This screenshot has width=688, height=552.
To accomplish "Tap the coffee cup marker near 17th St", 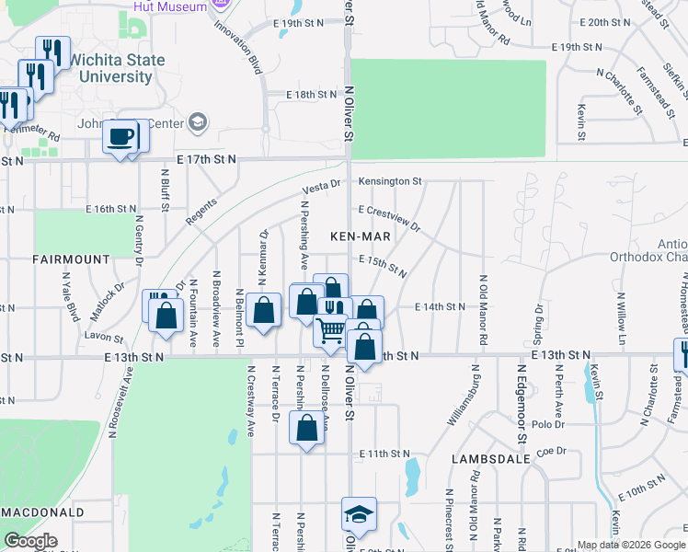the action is pyautogui.click(x=120, y=138).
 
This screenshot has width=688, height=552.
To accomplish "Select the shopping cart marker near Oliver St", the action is pyautogui.click(x=331, y=330).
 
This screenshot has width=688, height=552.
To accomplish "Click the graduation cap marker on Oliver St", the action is pyautogui.click(x=358, y=514).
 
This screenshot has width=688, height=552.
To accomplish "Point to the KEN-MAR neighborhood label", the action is pyautogui.click(x=361, y=236).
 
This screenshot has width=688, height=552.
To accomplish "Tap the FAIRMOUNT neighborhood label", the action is pyautogui.click(x=71, y=259).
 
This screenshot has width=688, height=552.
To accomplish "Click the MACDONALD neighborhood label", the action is pyautogui.click(x=42, y=512).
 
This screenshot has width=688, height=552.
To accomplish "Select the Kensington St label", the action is pyautogui.click(x=390, y=181).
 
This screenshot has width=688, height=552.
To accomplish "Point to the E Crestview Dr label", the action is pyautogui.click(x=389, y=218).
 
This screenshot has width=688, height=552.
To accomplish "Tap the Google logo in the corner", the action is pyautogui.click(x=30, y=541).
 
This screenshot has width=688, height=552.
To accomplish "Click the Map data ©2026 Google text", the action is pyautogui.click(x=631, y=545).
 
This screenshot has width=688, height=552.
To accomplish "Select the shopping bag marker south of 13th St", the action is pyautogui.click(x=307, y=428).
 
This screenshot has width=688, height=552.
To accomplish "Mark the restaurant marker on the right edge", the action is pyautogui.click(x=682, y=354).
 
